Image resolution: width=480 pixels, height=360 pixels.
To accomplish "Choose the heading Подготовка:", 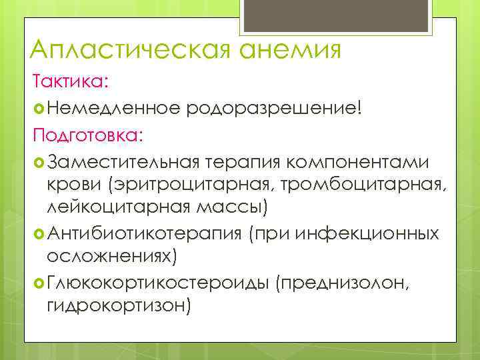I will tap(88, 135).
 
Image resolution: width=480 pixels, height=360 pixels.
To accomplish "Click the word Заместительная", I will tap(124, 162).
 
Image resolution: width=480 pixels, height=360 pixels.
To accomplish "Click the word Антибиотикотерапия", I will tap(144, 233).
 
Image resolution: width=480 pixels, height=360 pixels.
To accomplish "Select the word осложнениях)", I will tap(111, 256).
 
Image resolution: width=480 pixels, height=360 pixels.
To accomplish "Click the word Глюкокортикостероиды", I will tap(156, 283).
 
